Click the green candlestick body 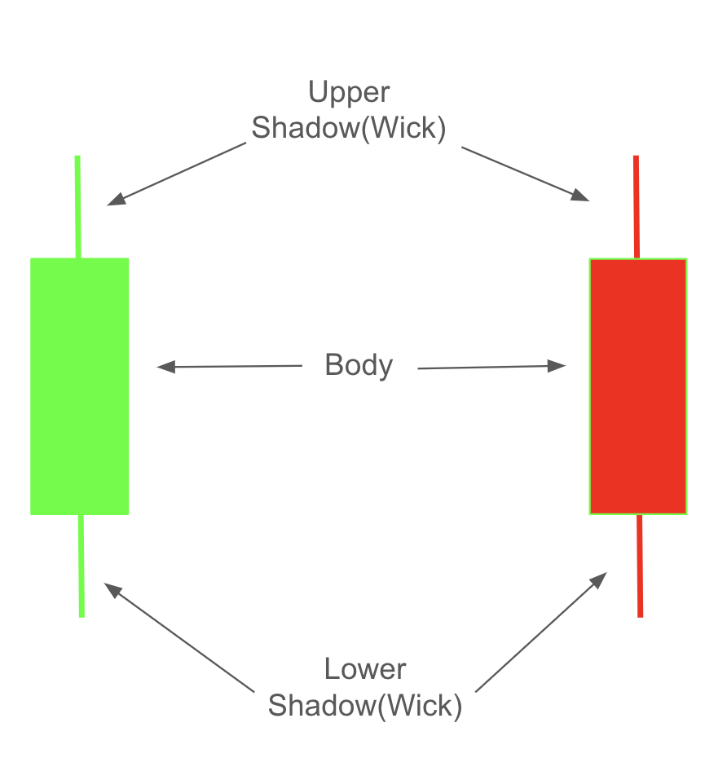tap(80, 386)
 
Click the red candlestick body tap(638, 386)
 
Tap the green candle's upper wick tap(77, 207)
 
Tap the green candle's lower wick tap(82, 566)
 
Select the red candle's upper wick tap(637, 207)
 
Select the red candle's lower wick tap(640, 566)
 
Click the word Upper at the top tap(349, 92)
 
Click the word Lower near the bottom tap(365, 669)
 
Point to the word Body tap(359, 365)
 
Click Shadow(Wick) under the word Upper tap(349, 129)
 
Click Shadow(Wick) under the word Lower tap(365, 706)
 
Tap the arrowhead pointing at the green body tap(166, 367)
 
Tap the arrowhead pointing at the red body tap(557, 366)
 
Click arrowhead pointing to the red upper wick tap(580, 195)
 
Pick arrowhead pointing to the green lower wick tap(112, 590)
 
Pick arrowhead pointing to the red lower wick tap(598, 580)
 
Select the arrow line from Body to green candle tap(230, 367)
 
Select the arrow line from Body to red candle tap(491, 368)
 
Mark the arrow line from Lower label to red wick tap(541, 632)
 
